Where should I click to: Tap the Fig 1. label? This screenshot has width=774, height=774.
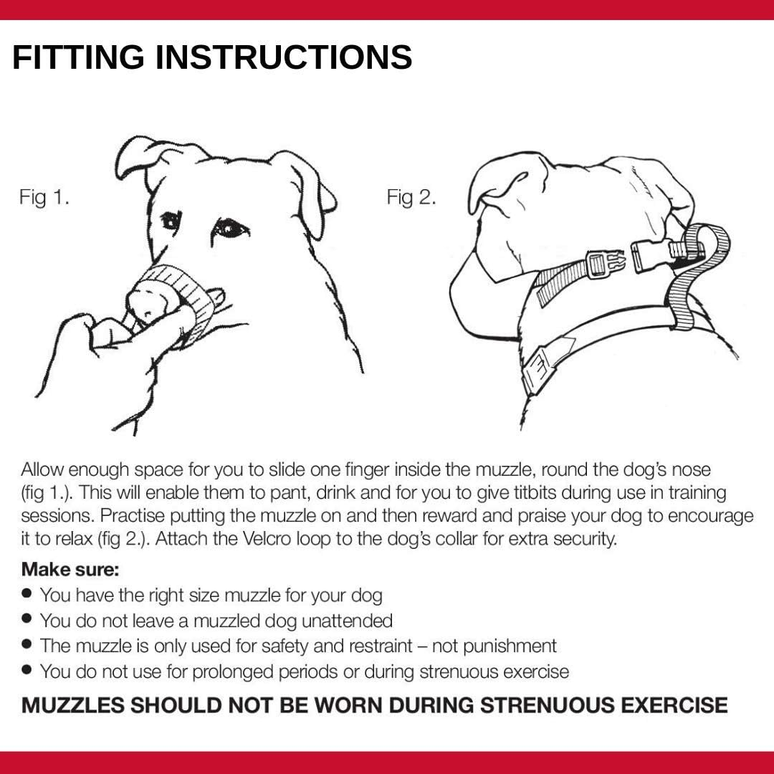(x=44, y=198)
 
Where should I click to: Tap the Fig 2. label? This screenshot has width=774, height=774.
(x=411, y=197)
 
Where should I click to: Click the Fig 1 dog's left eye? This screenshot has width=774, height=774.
(x=171, y=221)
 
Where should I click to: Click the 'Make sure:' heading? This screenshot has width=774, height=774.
(x=70, y=570)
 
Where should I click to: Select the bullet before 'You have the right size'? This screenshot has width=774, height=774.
(x=27, y=593)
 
